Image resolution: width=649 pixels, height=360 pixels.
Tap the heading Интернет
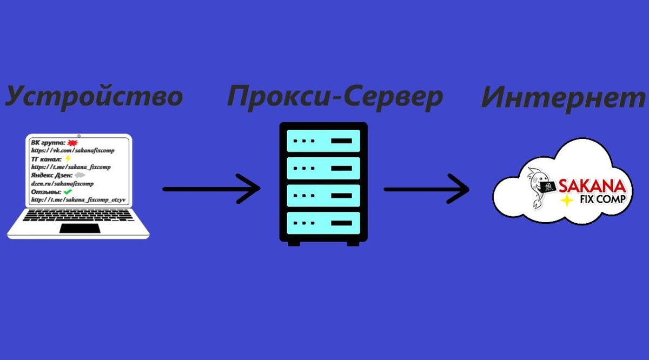point(562,98)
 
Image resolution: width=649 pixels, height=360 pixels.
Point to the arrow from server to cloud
point(426,189)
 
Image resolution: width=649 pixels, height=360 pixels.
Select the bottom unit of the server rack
point(323,221)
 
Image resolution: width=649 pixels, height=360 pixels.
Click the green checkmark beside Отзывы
point(68,192)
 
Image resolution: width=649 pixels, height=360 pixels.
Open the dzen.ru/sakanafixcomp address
point(62,184)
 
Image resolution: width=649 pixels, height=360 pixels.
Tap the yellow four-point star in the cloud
point(567,201)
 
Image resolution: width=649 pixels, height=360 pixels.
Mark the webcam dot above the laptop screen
point(79,135)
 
